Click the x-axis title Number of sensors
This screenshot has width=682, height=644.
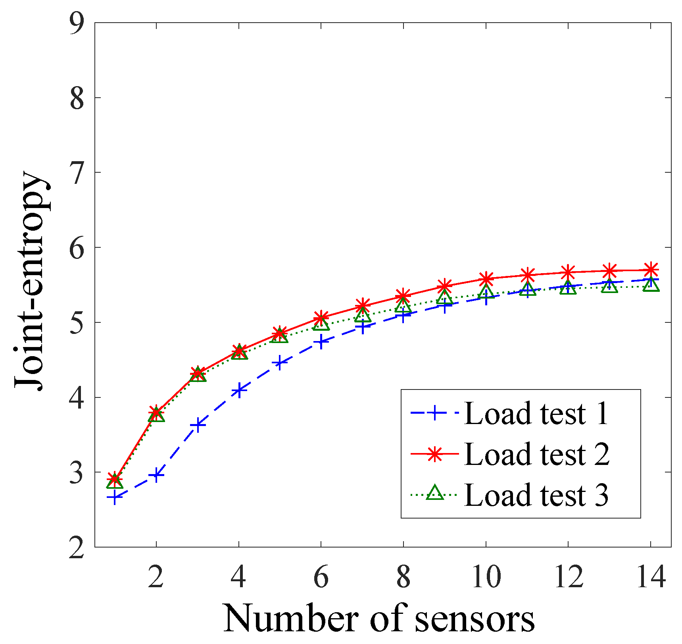point(379,619)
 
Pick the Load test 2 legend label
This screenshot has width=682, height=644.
point(537,454)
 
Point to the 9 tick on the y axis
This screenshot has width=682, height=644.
point(77,23)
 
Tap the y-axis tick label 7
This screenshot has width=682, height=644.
point(77,172)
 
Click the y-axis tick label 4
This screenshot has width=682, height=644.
point(77,397)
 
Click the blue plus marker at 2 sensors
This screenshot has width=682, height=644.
point(156,475)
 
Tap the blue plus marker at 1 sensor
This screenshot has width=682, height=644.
point(115,497)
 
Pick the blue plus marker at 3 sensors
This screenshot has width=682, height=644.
point(198,425)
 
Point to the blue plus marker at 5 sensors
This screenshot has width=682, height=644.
point(280,363)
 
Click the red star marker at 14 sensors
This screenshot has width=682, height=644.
point(651,270)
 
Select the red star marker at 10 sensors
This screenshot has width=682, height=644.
point(486,278)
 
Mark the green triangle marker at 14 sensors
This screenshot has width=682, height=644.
point(651,285)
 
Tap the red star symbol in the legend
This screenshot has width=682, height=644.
point(434,454)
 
